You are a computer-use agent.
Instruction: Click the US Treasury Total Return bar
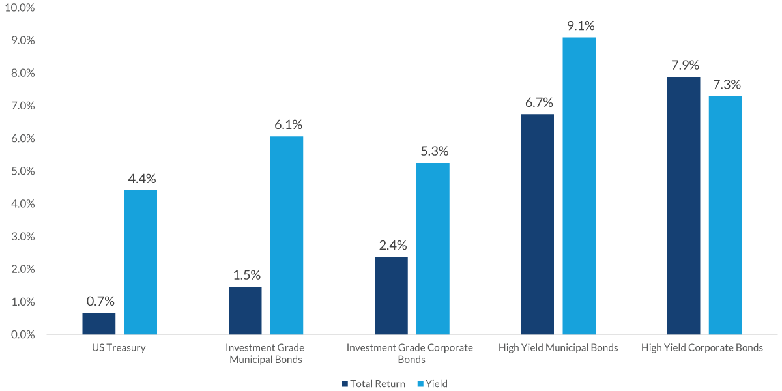(99, 324)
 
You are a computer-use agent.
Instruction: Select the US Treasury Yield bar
(141, 263)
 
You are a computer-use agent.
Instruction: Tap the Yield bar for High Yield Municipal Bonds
(579, 186)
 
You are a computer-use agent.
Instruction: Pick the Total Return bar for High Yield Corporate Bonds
(684, 206)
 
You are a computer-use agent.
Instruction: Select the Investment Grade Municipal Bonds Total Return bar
(245, 311)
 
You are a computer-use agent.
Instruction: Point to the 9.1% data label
(581, 26)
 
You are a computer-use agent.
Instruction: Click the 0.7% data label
(100, 301)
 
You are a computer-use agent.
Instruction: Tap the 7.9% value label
(685, 65)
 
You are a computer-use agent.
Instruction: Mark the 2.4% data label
(393, 245)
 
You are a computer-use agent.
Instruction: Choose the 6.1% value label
(288, 124)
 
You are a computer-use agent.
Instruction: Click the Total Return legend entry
(373, 384)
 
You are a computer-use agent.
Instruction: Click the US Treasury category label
(119, 347)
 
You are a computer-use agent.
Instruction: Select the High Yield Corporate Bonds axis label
(702, 347)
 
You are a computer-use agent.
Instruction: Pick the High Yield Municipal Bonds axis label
(558, 347)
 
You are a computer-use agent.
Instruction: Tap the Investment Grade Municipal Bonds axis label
(265, 353)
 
